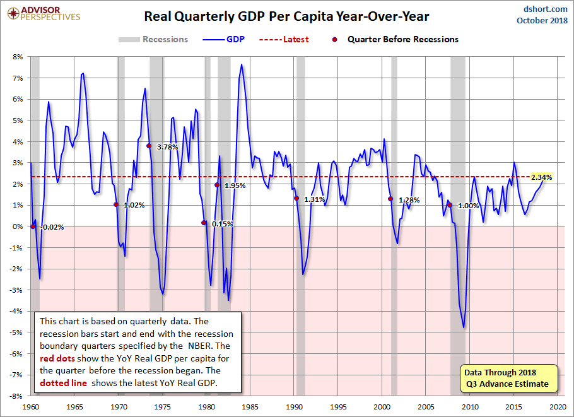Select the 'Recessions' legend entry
pyautogui.click(x=153, y=39)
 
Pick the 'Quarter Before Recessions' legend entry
pyautogui.click(x=395, y=39)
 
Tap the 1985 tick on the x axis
pyautogui.click(x=250, y=408)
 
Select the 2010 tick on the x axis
pyautogui.click(x=471, y=408)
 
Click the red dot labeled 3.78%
pyautogui.click(x=149, y=146)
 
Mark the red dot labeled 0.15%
pyautogui.click(x=204, y=223)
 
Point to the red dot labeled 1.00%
pyautogui.click(x=450, y=205)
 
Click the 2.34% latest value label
pyautogui.click(x=541, y=177)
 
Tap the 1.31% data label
pyautogui.click(x=313, y=199)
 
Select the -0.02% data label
pyautogui.click(x=52, y=227)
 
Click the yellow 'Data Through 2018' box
pyautogui.click(x=508, y=377)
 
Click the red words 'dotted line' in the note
pyautogui.click(x=61, y=382)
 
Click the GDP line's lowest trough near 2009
pyautogui.click(x=464, y=327)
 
